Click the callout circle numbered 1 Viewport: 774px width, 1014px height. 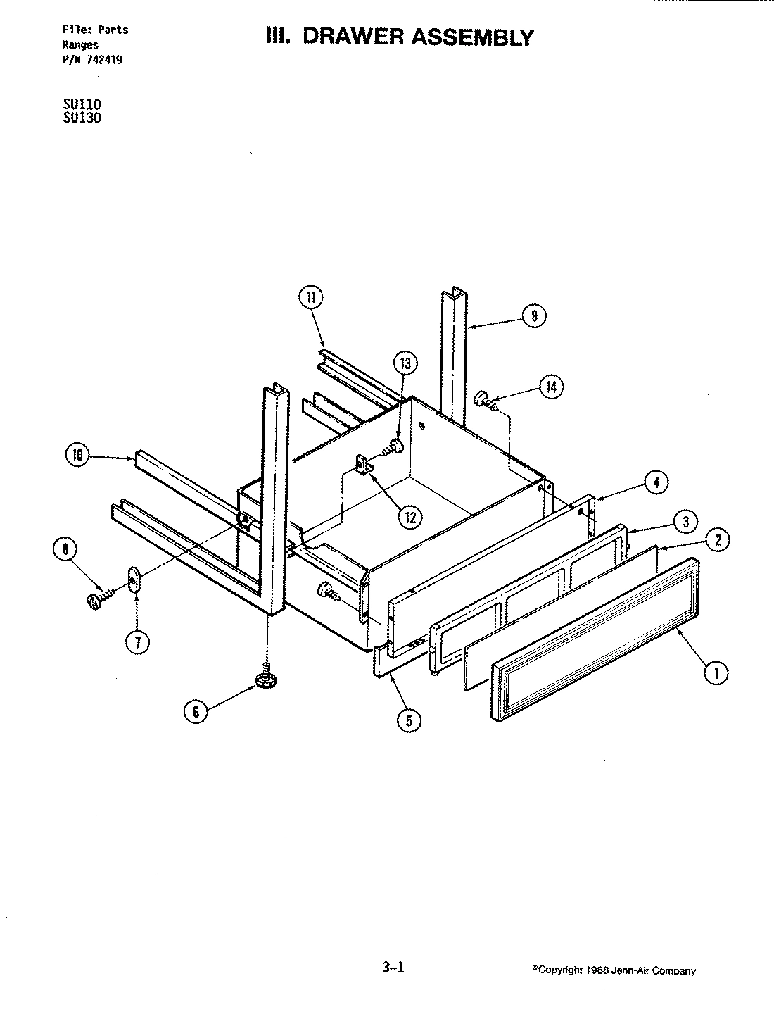716,672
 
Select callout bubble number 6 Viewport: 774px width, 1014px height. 196,712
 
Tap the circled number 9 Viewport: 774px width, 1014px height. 534,316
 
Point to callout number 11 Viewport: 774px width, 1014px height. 310,297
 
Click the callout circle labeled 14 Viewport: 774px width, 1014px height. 551,386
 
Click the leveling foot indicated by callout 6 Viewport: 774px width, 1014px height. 267,680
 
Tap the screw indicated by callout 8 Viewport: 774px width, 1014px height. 96,600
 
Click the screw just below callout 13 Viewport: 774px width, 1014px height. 393,446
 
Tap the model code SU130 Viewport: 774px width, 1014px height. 82,118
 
